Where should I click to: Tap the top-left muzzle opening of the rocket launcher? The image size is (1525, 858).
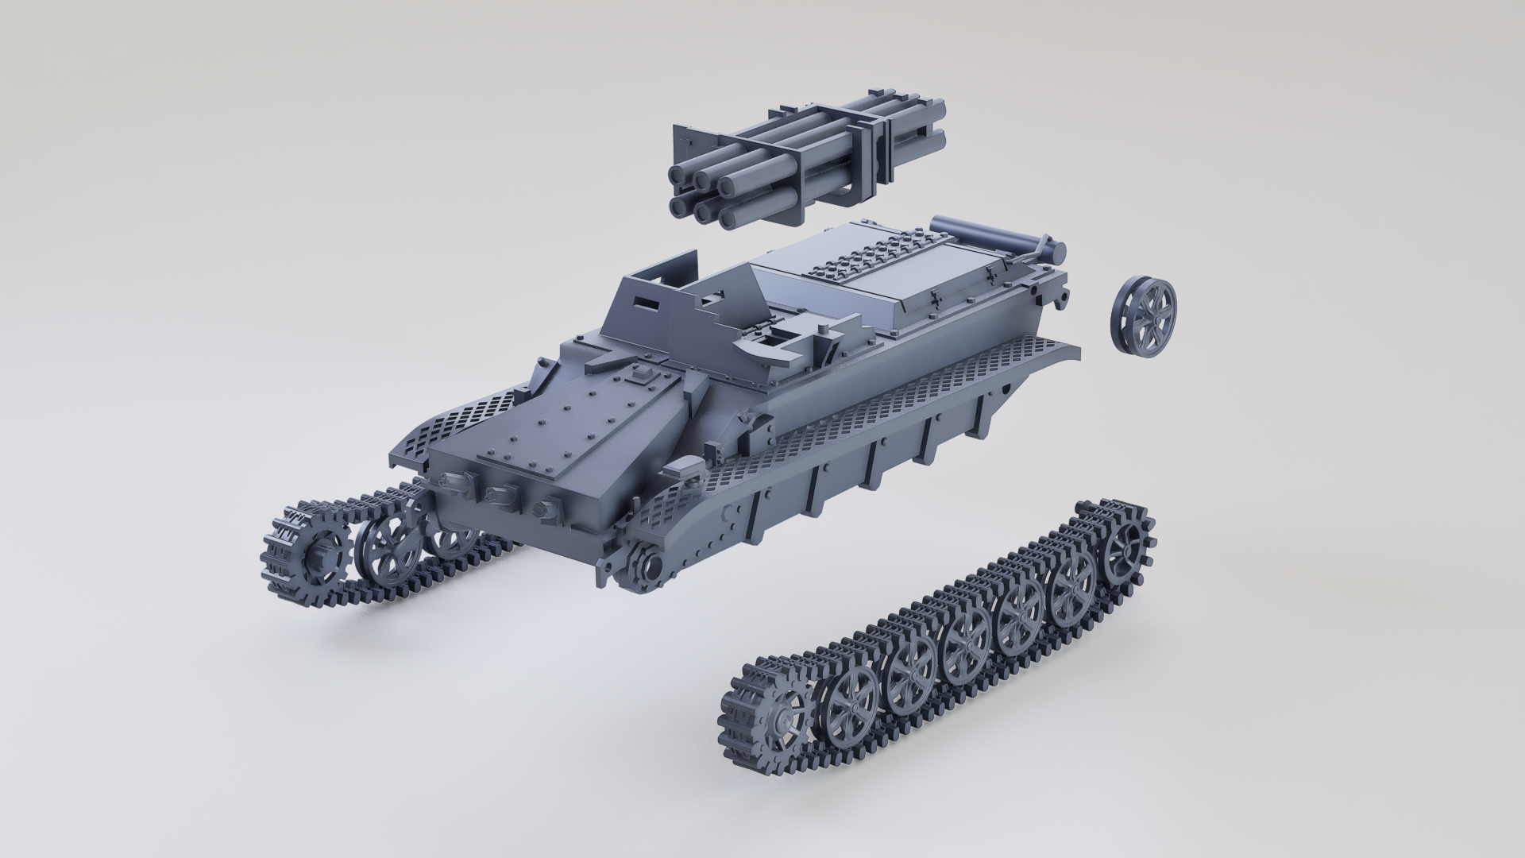pos(680,172)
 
